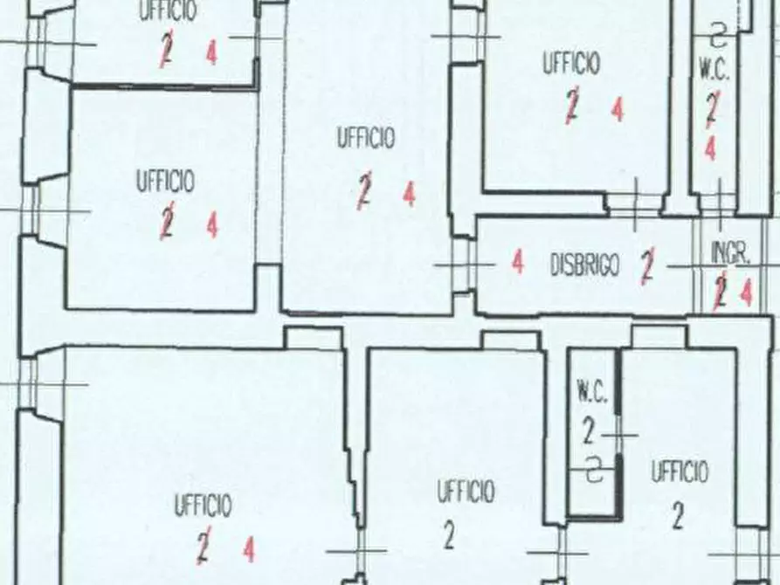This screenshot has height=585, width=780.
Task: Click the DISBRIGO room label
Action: pyautogui.click(x=585, y=265)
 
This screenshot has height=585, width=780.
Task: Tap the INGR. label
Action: pyautogui.click(x=730, y=254)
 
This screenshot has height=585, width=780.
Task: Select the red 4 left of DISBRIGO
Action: pyautogui.click(x=518, y=262)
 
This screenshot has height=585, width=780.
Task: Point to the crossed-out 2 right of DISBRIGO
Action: pyautogui.click(x=647, y=266)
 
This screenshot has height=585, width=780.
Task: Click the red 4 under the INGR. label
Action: pyautogui.click(x=746, y=293)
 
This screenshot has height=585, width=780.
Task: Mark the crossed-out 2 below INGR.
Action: pyautogui.click(x=720, y=292)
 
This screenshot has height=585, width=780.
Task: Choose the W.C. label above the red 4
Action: pyautogui.click(x=714, y=69)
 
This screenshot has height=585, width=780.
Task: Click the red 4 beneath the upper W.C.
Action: pyautogui.click(x=711, y=148)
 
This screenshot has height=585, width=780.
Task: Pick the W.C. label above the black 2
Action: pyautogui.click(x=592, y=392)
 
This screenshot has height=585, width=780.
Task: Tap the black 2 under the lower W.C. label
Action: pyautogui.click(x=589, y=430)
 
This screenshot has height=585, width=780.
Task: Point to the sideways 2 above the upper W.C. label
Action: pyautogui.click(x=718, y=35)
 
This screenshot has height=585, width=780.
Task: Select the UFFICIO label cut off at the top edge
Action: pyautogui.click(x=167, y=10)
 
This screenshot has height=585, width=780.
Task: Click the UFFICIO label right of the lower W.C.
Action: pyautogui.click(x=680, y=472)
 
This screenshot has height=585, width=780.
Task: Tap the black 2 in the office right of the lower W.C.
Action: pyautogui.click(x=678, y=516)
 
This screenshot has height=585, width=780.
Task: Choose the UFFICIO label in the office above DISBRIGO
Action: pyautogui.click(x=571, y=63)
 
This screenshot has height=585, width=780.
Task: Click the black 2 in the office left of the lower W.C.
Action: pyautogui.click(x=449, y=536)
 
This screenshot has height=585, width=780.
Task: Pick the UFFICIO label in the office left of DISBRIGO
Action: pyautogui.click(x=366, y=138)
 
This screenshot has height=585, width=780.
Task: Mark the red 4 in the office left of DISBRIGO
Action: pyautogui.click(x=410, y=194)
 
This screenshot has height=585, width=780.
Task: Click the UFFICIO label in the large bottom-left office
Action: pyautogui.click(x=203, y=506)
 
